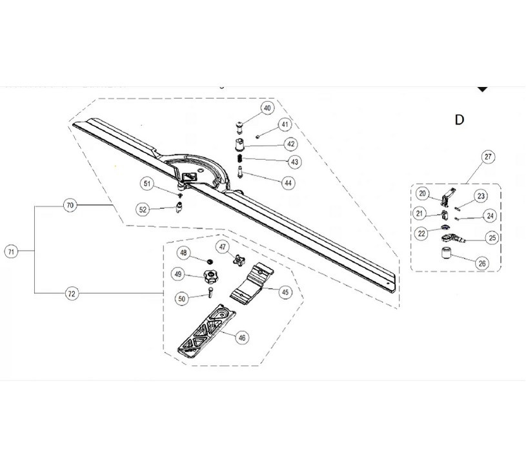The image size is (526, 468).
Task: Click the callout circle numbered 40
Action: coord(267,108)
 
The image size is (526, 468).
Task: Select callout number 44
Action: coord(288,183)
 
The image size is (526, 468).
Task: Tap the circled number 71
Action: coord(12,251)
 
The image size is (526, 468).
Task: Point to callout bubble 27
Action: coord(488,157)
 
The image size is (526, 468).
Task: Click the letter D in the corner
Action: coord(460,120)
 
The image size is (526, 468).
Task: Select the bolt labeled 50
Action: coord(210,293)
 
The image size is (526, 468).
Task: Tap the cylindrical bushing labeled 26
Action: coord(445,253)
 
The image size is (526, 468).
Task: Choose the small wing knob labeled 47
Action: coord(239,260)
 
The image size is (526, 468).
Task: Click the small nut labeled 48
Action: coord(210,261)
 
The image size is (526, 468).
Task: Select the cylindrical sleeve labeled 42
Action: coord(239,145)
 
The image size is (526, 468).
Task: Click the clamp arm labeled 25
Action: coord(453,238)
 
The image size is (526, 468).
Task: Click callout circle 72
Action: coord(72,294)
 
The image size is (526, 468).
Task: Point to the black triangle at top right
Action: coord(482,90)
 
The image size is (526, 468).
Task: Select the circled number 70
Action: coord(70,206)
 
